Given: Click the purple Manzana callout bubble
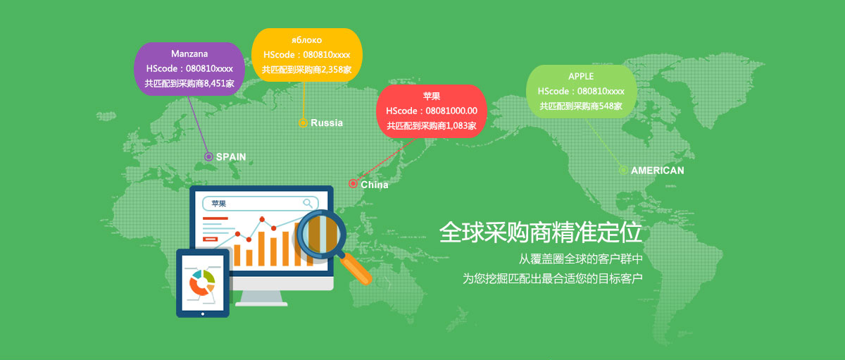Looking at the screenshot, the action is (x=189, y=68).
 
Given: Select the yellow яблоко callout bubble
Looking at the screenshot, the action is (x=307, y=55).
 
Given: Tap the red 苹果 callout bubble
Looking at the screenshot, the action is (x=432, y=111).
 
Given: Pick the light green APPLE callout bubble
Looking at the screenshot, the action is (x=582, y=92).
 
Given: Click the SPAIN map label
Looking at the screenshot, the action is (x=231, y=157).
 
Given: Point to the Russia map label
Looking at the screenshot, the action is (x=327, y=123).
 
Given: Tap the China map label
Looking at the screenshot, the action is (x=374, y=185).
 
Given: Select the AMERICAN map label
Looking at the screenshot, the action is (x=658, y=170).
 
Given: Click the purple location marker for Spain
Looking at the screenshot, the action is (x=208, y=156).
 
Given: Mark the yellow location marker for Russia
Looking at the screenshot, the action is (x=303, y=123).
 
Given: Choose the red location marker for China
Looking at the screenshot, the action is (x=353, y=184).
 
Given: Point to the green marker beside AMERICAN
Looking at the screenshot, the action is (x=624, y=170).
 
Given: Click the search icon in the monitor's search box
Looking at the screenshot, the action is (x=308, y=204).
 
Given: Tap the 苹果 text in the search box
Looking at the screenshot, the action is (x=219, y=204).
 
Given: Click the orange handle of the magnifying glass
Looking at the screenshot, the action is (x=356, y=268).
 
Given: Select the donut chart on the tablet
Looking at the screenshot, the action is (x=202, y=283).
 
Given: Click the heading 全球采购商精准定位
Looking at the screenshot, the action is (x=541, y=232).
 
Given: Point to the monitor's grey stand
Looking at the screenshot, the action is (x=262, y=298).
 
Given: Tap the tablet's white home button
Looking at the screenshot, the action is (x=203, y=314).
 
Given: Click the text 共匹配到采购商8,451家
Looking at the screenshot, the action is (x=189, y=83).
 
